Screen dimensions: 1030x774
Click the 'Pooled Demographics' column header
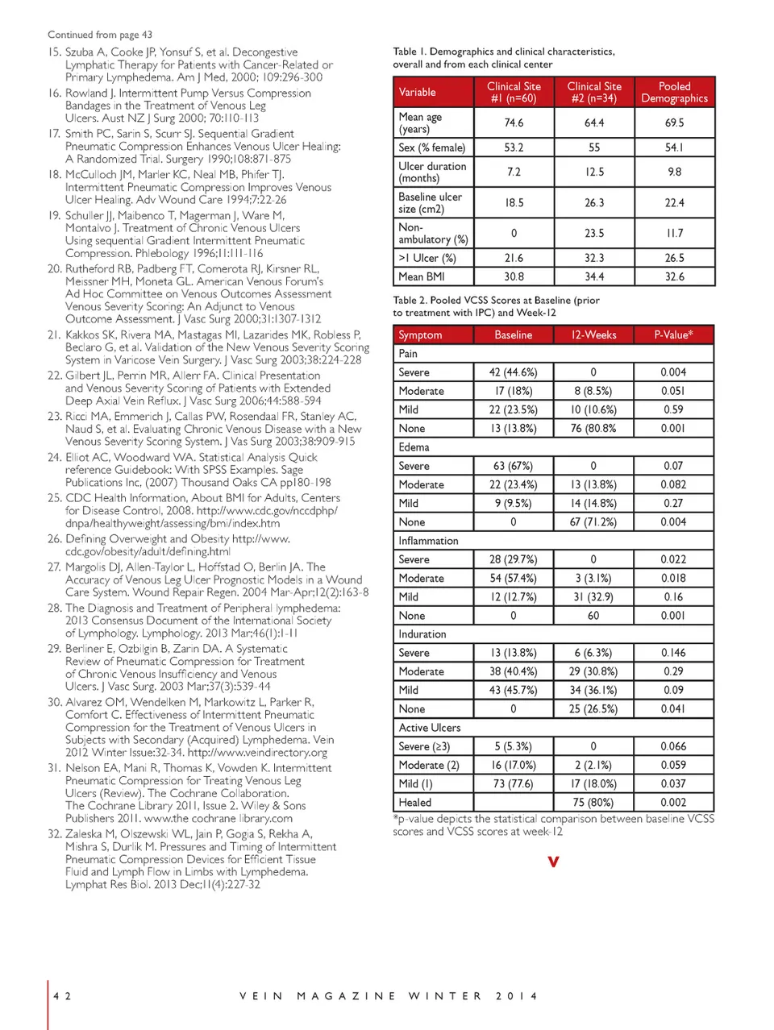tap(674, 92)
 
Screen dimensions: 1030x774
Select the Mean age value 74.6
tap(514, 123)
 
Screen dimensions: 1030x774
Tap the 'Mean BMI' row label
tap(422, 276)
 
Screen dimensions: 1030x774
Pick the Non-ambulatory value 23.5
tap(594, 233)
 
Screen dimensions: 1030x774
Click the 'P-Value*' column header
tap(673, 334)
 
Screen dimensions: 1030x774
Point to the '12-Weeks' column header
tap(593, 334)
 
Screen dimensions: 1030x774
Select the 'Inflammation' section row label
tap(428, 541)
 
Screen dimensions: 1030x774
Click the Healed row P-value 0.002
tap(673, 803)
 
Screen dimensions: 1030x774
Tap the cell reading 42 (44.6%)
tap(513, 372)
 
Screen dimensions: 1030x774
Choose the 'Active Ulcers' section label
tap(430, 728)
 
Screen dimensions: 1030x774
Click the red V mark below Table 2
tap(553, 862)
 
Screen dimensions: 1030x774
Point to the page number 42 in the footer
tap(62, 996)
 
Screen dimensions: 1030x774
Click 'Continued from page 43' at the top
tap(100, 35)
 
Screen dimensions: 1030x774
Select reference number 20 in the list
tap(54, 268)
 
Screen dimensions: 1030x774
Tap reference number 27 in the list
tap(54, 567)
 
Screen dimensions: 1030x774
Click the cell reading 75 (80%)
tap(593, 803)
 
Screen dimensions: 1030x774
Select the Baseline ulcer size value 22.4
tap(674, 202)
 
